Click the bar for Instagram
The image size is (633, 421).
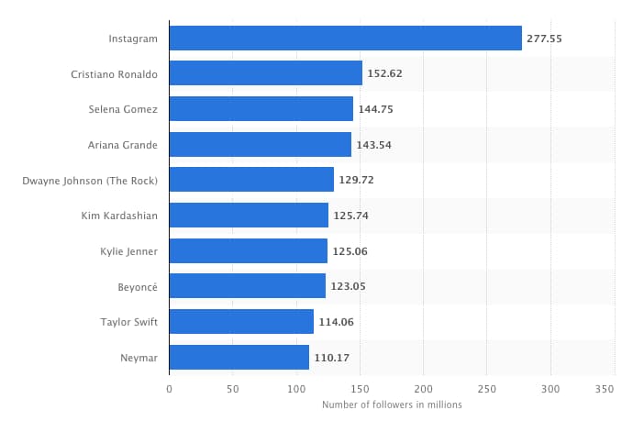click(346, 39)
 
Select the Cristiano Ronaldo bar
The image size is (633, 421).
click(266, 73)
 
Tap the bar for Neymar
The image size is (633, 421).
click(239, 357)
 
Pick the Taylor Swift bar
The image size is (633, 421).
click(241, 322)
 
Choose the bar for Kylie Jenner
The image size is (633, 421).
click(249, 250)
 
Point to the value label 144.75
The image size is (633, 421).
click(374, 109)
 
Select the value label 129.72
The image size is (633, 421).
click(355, 180)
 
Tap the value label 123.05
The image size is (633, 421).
click(348, 286)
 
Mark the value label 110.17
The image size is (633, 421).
click(331, 357)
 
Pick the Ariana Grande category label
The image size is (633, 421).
click(123, 144)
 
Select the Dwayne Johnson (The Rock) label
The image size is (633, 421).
click(90, 180)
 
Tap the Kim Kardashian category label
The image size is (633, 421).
click(119, 216)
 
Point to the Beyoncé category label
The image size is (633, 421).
click(138, 286)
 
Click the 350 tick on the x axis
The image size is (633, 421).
click(605, 390)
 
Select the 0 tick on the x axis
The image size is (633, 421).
click(170, 390)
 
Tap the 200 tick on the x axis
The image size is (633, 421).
click(423, 390)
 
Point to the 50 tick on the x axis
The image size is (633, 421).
click(233, 390)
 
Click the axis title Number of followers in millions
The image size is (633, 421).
click(392, 404)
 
